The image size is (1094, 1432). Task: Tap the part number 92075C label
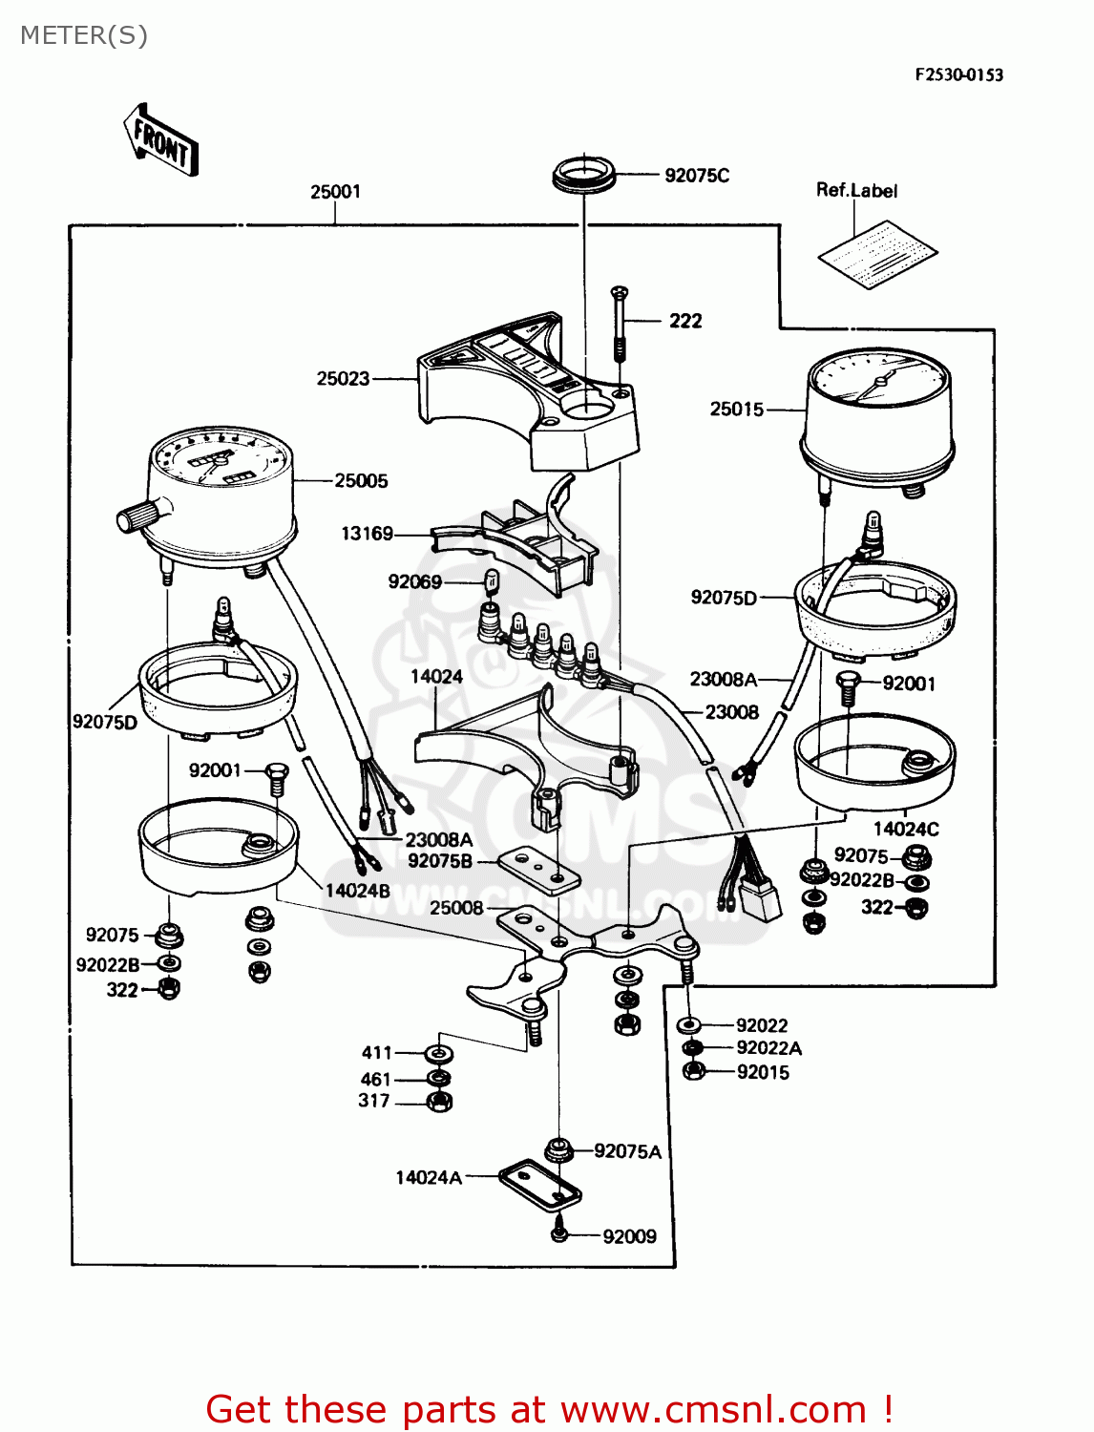pos(696,176)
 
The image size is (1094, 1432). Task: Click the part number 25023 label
pos(343,379)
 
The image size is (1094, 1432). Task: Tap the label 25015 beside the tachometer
pos(736,410)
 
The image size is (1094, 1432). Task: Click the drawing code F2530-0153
pos(958,75)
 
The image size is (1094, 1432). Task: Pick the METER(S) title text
pos(84,35)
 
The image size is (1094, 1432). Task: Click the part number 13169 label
pos(367,534)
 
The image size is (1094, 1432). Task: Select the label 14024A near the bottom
pos(429,1178)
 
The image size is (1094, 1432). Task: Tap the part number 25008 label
pos(455,908)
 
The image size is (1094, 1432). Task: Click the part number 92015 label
pos(763,1072)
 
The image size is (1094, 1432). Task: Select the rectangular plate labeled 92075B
pos(539,868)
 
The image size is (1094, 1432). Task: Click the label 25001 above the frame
pos(335,192)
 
